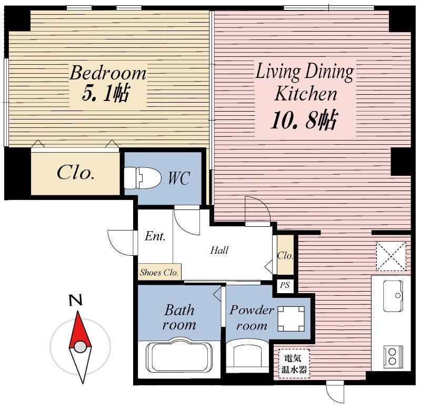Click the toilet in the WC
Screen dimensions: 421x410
tap(142, 177)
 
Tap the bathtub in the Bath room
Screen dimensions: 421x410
tap(179, 355)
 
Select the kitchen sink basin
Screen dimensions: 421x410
tap(393, 296)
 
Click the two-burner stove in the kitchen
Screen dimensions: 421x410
tap(393, 356)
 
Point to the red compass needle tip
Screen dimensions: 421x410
tap(78, 312)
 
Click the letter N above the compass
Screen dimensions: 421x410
tap(75, 301)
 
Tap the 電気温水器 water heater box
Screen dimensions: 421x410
tap(294, 364)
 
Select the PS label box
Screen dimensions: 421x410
tap(285, 285)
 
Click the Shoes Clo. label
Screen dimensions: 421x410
tap(159, 273)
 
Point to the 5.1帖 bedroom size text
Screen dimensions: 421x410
tap(106, 93)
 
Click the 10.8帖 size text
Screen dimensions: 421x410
tap(304, 120)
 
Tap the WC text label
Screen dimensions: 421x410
tap(179, 177)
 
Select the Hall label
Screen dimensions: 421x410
tap(219, 250)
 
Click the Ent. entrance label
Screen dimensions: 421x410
tap(155, 236)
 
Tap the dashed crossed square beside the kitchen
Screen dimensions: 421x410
tap(391, 256)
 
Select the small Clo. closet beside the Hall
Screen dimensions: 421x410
tap(285, 255)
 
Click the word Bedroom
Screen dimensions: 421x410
tap(108, 73)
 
